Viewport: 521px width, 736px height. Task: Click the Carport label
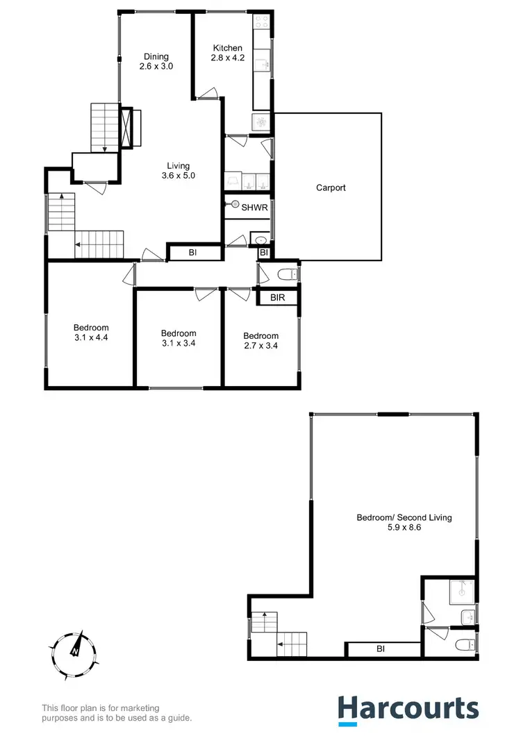[x=331, y=187]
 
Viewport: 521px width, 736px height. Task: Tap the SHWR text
[x=249, y=206]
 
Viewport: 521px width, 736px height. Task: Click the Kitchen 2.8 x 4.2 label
[x=226, y=53]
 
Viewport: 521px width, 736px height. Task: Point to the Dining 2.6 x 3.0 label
[x=156, y=62]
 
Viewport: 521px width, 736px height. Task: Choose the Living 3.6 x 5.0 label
[x=178, y=170]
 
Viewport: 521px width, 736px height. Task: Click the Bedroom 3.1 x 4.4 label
[x=91, y=333]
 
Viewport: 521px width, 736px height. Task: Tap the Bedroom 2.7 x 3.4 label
[x=261, y=340]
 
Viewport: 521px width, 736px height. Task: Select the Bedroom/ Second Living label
[x=394, y=522]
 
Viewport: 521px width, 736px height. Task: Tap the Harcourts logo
[x=408, y=708]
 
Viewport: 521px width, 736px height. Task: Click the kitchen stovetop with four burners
[x=263, y=26]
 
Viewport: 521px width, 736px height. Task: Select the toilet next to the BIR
[x=286, y=276]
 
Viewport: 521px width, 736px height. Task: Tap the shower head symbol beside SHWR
[x=235, y=206]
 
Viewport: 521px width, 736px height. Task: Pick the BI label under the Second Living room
[x=380, y=649]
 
